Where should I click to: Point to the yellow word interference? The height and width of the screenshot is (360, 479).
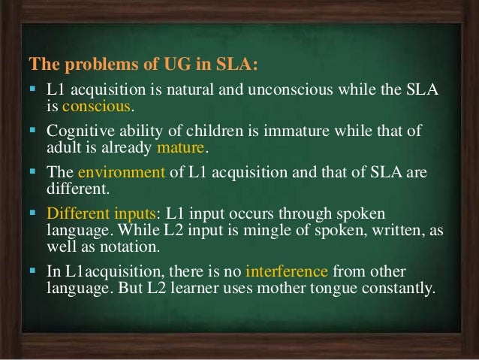click(286, 271)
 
